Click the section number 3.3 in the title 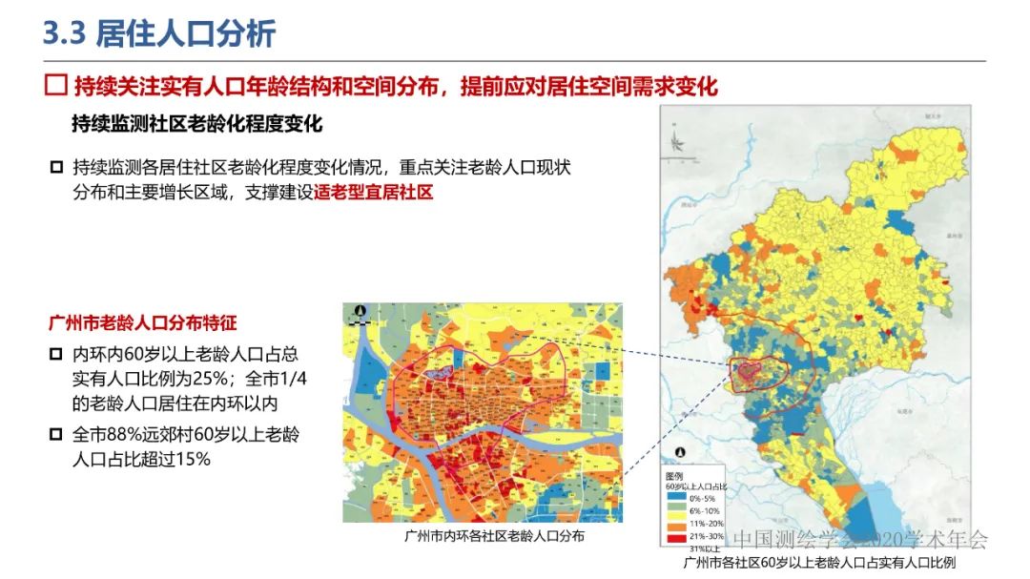65,33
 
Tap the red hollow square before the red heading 56,86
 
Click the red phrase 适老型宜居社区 374,193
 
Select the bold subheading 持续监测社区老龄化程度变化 196,124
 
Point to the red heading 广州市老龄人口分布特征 142,323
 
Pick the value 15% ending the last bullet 190,459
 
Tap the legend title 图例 674,475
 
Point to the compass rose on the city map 676,142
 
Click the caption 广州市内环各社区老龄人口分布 482,536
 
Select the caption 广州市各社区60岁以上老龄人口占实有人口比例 819,563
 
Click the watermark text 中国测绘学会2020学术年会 861,540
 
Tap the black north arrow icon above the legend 679,456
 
